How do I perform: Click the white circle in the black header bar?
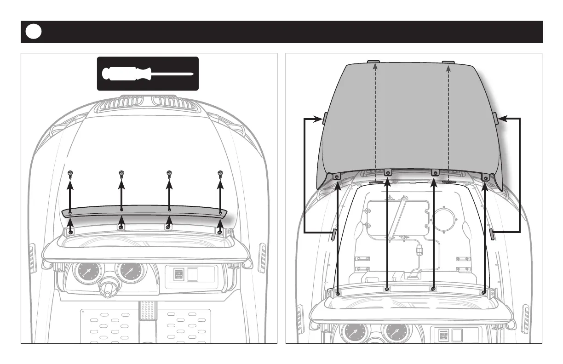(x=34, y=32)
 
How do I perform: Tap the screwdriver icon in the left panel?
(x=147, y=74)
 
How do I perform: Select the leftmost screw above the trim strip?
(x=70, y=174)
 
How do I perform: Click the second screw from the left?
(x=121, y=174)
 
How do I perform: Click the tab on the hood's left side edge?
(x=324, y=119)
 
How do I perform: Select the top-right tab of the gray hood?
(x=448, y=62)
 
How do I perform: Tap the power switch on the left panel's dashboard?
(x=178, y=275)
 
